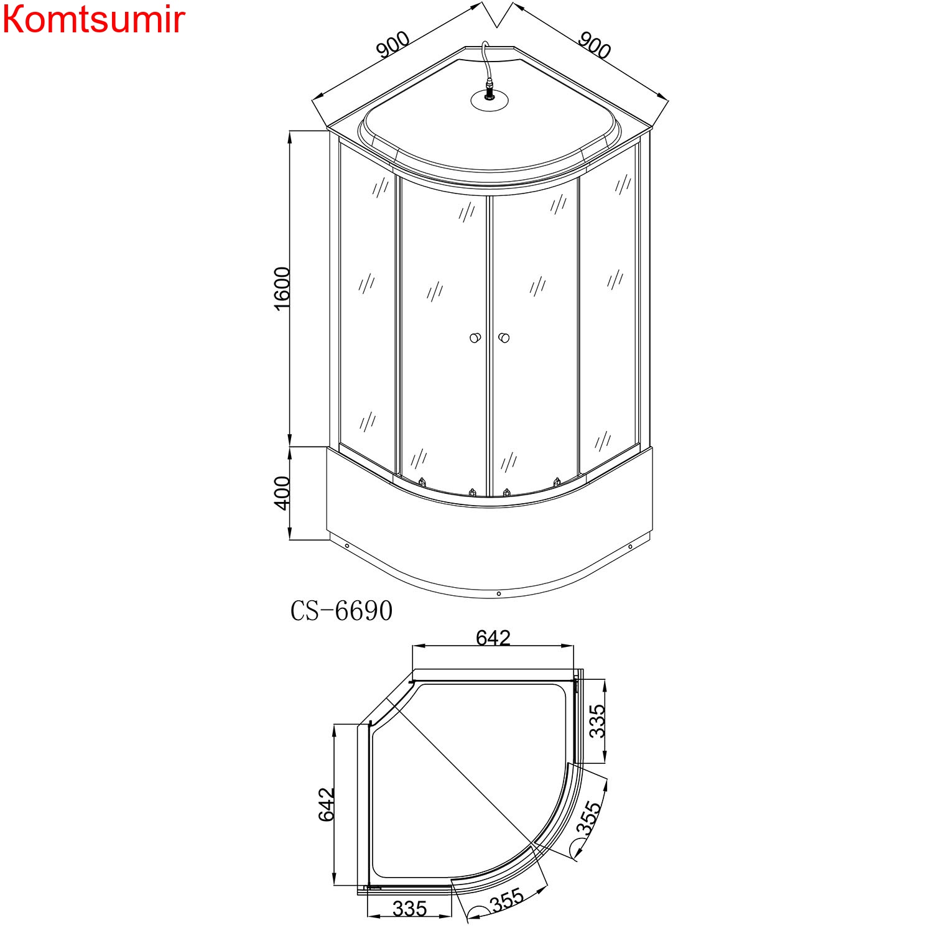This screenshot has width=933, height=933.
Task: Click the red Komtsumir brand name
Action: coord(93,20)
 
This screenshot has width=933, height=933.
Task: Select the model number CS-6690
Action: coord(341,611)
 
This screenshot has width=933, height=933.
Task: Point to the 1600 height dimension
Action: coord(282,289)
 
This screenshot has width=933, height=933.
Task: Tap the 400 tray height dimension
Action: coord(282,493)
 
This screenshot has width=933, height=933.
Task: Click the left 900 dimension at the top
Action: coord(392,45)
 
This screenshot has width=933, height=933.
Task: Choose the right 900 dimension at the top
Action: coord(595,45)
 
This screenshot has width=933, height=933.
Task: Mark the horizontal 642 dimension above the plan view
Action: coord(493,638)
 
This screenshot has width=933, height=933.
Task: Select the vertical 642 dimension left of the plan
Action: coord(327,804)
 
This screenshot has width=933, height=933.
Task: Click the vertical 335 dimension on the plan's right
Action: coord(596,721)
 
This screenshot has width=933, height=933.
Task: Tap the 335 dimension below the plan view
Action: coord(410,909)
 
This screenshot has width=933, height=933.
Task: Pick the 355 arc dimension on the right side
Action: coord(588,818)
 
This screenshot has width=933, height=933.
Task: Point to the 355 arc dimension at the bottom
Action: coord(507,900)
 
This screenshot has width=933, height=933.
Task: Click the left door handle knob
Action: coord(475,338)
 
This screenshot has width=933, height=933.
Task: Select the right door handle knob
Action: coord(504,338)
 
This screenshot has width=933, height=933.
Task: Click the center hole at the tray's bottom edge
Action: coord(499,594)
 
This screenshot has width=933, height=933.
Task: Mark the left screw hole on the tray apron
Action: coord(347,546)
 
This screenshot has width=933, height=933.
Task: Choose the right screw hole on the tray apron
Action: coord(630,547)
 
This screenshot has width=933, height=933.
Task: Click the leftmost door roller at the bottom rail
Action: coord(422,482)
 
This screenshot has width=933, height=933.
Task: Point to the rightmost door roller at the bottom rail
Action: coord(557,482)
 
